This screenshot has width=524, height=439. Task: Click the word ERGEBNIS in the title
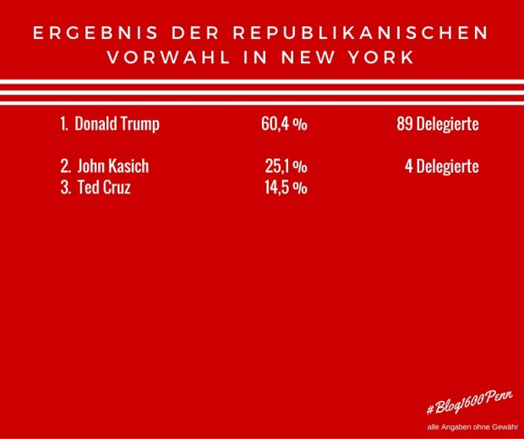[x=85, y=35]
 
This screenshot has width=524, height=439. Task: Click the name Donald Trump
[x=117, y=123]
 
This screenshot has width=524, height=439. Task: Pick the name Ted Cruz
[x=103, y=188]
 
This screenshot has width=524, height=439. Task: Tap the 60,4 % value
[x=284, y=123]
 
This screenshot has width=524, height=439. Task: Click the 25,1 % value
[x=286, y=167]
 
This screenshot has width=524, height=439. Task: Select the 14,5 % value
[x=286, y=188]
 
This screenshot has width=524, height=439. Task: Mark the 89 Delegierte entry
[x=437, y=123]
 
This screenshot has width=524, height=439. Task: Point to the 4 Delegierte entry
[x=441, y=167]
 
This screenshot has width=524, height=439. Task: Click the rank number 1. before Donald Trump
[x=64, y=123]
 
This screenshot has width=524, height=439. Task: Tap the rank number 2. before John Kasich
[x=65, y=167]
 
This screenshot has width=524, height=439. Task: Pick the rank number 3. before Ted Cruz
[x=65, y=188]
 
